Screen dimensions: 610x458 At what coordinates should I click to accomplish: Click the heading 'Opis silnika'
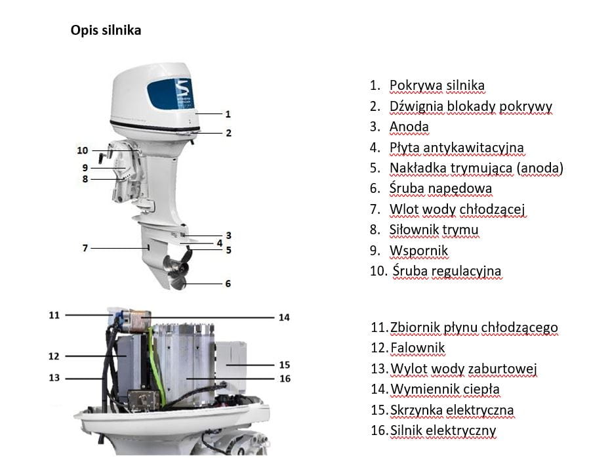tap(106, 30)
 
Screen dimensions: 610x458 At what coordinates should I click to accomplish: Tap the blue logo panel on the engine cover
tap(171, 94)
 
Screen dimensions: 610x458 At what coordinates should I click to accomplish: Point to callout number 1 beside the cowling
tap(228, 114)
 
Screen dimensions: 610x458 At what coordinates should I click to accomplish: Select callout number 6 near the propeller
tap(228, 283)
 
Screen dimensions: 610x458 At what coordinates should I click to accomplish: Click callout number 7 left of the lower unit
tap(85, 248)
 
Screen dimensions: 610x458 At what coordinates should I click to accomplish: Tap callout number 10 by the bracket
tap(83, 150)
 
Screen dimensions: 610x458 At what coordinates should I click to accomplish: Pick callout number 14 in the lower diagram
tap(284, 318)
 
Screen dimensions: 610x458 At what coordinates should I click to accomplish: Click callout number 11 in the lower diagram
tap(54, 315)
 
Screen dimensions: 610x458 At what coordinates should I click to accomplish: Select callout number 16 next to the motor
tap(285, 379)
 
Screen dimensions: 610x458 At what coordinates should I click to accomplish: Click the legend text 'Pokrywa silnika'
tap(437, 85)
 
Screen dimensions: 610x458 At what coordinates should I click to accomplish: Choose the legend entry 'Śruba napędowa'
tap(441, 188)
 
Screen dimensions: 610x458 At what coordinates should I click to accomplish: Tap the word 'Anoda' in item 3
tap(409, 127)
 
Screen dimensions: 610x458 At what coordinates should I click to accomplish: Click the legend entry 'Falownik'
tap(417, 348)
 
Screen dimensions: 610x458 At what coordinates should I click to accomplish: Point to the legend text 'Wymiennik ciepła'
tap(445, 389)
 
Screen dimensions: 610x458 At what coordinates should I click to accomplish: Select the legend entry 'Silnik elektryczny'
tap(443, 430)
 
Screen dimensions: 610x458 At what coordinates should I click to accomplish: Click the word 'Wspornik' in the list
tap(418, 251)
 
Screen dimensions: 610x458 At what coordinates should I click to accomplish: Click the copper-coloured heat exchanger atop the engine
tap(138, 321)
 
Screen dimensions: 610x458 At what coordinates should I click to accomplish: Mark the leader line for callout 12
tap(96, 356)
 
